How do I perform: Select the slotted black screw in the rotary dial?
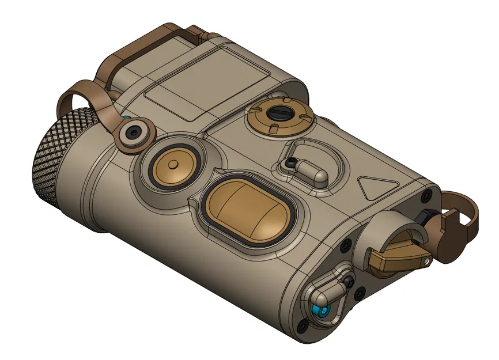(280, 113)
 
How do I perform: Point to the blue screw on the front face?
(320, 312)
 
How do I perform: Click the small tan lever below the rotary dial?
(311, 170)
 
